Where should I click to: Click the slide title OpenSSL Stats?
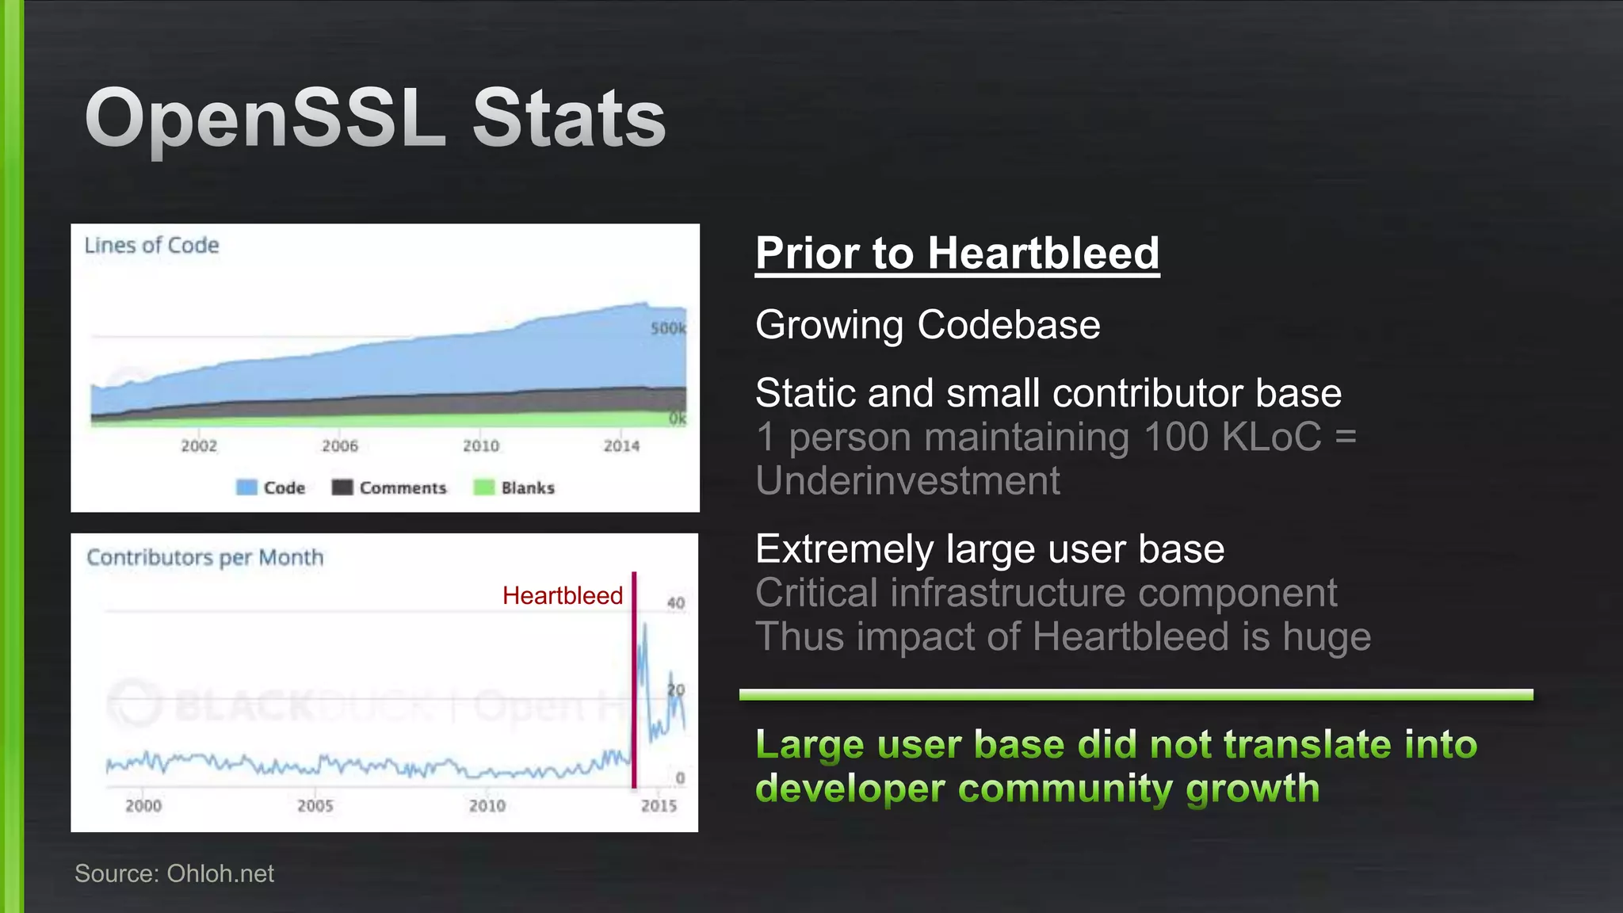click(x=375, y=119)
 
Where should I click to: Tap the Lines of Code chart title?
click(x=151, y=246)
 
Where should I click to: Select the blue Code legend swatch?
click(x=246, y=487)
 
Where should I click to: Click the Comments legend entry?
click(x=389, y=487)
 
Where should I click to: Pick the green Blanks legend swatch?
click(x=483, y=487)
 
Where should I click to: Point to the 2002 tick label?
click(x=199, y=446)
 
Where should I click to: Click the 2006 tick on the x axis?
click(x=340, y=446)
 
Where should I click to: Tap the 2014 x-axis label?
click(x=621, y=446)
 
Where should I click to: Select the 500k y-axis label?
click(x=668, y=328)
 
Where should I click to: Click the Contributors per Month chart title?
click(x=205, y=557)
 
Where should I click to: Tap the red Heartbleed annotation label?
click(x=563, y=596)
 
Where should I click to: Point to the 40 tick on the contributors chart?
click(x=675, y=603)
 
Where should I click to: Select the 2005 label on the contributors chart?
click(x=315, y=806)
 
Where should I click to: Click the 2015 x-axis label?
click(x=659, y=806)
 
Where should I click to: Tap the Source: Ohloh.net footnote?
click(x=174, y=873)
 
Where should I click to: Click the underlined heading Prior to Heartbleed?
click(x=957, y=254)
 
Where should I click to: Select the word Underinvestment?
click(x=907, y=481)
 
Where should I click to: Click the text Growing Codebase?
click(x=927, y=325)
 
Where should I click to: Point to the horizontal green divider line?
click(x=1136, y=695)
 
